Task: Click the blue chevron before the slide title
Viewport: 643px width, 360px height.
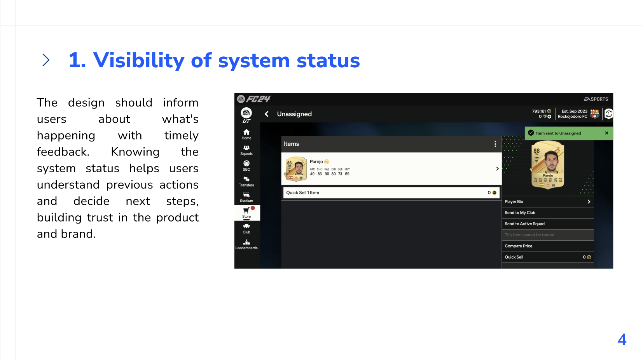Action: click(x=46, y=60)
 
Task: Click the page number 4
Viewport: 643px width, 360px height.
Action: click(x=622, y=340)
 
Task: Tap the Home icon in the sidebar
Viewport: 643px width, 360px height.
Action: click(x=246, y=134)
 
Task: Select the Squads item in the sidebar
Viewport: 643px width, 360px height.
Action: click(x=246, y=150)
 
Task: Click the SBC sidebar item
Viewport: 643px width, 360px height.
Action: click(x=246, y=166)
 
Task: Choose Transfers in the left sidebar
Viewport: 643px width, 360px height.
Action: click(x=246, y=182)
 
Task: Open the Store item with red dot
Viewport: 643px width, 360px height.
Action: click(x=247, y=213)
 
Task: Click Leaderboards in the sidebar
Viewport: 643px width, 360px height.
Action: click(x=246, y=245)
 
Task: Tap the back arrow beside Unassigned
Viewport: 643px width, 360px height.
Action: click(x=267, y=114)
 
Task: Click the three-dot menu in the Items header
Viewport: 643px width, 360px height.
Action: click(x=495, y=144)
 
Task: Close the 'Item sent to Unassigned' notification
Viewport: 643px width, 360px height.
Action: click(x=606, y=133)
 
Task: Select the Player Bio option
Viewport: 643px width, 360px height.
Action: click(x=547, y=201)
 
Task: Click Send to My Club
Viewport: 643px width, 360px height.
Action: click(x=547, y=213)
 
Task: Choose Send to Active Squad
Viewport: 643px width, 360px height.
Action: click(x=547, y=224)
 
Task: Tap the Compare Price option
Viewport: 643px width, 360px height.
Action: click(x=547, y=246)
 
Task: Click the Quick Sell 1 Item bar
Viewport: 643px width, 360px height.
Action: click(x=391, y=192)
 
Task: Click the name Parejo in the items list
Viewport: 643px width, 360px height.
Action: click(x=316, y=161)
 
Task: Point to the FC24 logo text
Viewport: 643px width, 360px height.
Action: click(x=258, y=99)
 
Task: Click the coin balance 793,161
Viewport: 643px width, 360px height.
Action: click(x=539, y=111)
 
